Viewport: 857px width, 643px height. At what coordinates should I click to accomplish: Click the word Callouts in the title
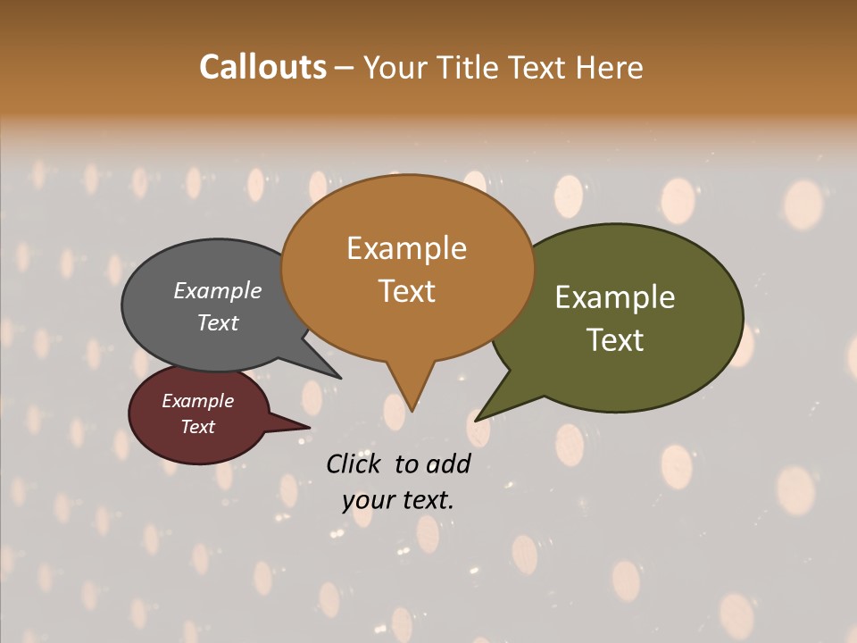click(x=262, y=67)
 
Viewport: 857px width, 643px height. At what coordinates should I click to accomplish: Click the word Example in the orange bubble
click(x=406, y=248)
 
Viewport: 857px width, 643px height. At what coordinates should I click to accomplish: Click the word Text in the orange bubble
click(x=406, y=290)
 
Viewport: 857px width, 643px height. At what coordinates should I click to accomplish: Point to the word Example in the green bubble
click(x=615, y=297)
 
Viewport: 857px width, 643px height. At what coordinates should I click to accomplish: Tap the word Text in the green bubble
click(x=615, y=339)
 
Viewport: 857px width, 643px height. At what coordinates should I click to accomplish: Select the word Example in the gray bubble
click(x=217, y=290)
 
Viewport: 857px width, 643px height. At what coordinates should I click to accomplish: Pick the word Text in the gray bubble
click(x=217, y=322)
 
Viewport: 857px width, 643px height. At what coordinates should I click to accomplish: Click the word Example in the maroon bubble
click(x=197, y=401)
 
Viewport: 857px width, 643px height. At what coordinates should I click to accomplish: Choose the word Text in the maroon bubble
click(x=197, y=427)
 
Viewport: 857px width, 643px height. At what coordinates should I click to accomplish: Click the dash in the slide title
click(x=345, y=68)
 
